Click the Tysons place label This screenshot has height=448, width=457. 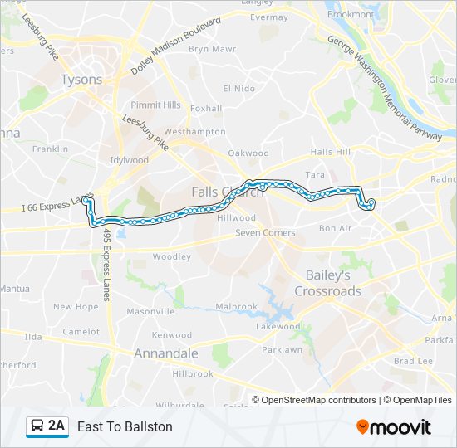pos(81,80)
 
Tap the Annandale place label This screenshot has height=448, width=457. pos(166,353)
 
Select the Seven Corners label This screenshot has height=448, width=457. pos(265,233)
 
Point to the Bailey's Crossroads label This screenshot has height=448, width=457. pos(327,283)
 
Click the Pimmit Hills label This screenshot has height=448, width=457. pos(156,105)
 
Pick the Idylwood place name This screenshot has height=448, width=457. pos(129,160)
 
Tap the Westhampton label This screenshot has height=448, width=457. pos(194,132)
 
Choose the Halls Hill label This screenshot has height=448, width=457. pos(331,152)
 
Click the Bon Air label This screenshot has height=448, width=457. pos(335,228)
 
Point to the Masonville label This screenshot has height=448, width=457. pos(150,312)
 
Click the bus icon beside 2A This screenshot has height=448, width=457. pos(37,426)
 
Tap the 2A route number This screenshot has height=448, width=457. pos(57,426)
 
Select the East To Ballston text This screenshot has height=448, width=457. pos(125,426)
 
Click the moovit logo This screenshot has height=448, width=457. pos(394,426)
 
